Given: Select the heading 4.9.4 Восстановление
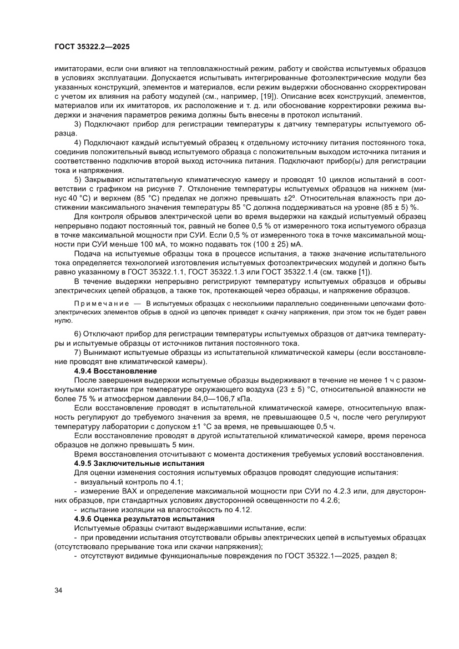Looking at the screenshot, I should (115, 370).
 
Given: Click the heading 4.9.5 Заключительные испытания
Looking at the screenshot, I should (139, 462).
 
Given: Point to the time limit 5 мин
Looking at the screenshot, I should (183, 445).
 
